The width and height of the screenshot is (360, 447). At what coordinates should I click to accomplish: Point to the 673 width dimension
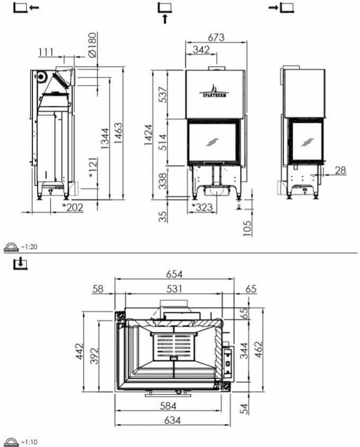[x=216, y=38]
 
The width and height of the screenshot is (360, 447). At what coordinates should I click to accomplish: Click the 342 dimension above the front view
[x=201, y=50]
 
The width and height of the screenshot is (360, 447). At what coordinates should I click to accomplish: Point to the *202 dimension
[x=73, y=207]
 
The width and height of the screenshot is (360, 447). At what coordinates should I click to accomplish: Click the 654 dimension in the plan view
[x=174, y=274]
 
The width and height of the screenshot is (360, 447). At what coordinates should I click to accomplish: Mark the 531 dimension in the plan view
[x=174, y=289]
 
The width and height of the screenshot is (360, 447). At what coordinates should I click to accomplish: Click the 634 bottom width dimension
[x=173, y=421]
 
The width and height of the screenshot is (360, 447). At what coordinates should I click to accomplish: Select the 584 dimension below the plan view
[x=167, y=406]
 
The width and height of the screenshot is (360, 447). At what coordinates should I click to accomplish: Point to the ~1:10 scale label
[x=29, y=442]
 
